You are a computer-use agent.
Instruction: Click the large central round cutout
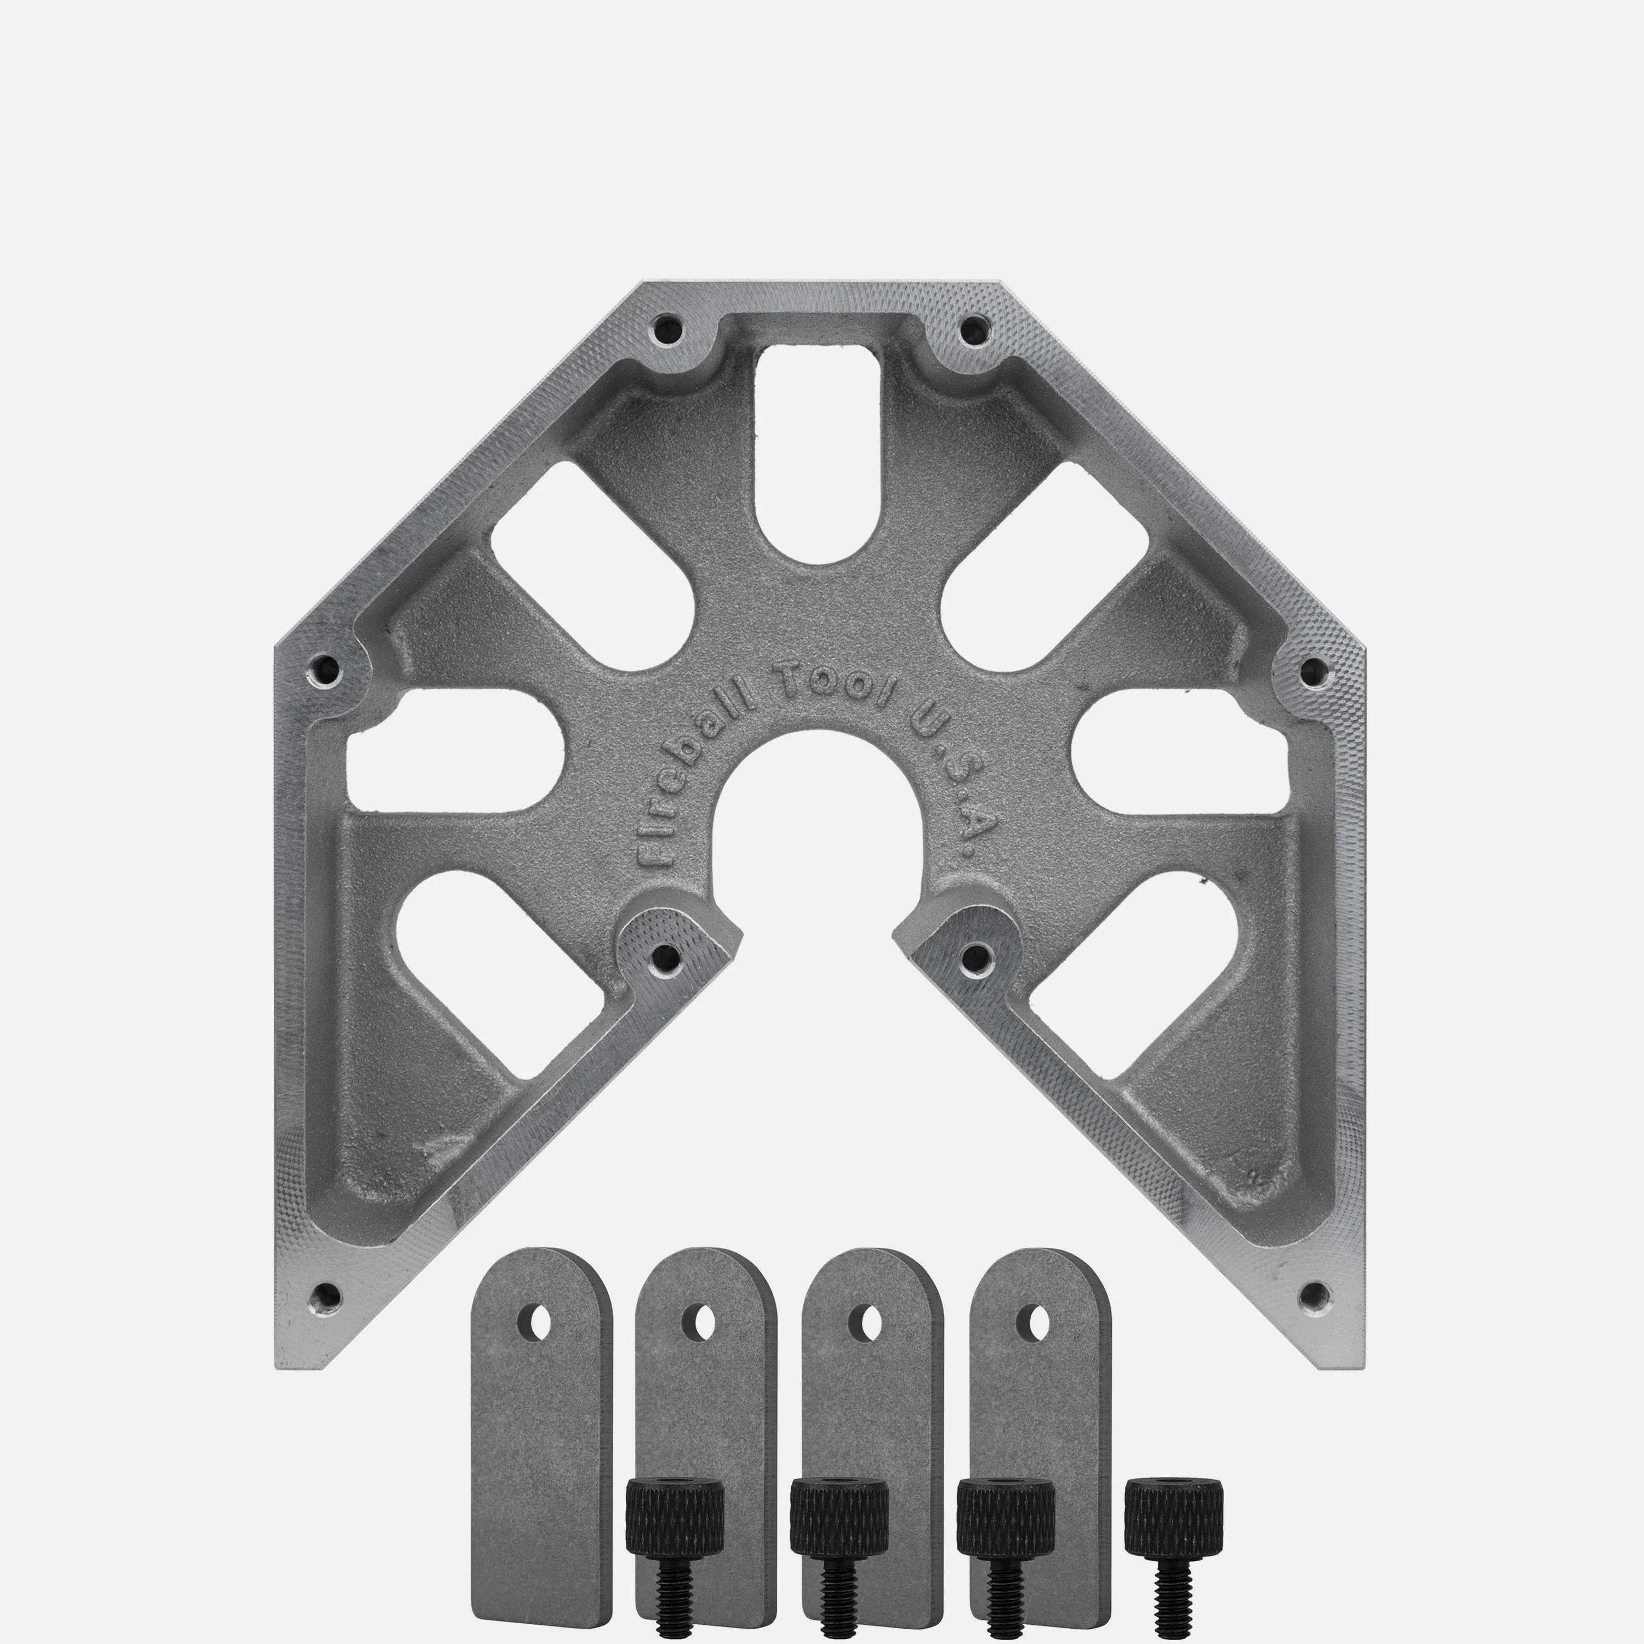click(820, 817)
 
